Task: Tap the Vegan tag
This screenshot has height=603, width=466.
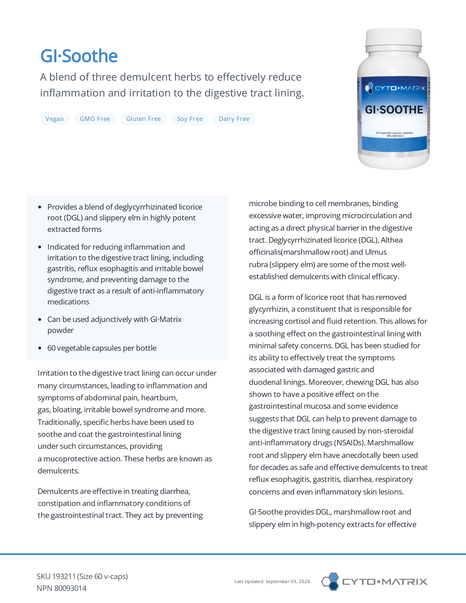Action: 55,119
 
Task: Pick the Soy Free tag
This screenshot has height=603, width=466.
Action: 190,119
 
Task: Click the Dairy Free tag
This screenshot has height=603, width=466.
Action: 234,119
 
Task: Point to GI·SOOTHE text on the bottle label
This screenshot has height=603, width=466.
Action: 394,110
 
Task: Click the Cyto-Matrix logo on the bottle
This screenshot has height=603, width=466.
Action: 395,88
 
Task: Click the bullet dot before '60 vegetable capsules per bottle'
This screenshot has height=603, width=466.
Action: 40,348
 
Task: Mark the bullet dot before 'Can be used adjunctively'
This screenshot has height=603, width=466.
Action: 40,319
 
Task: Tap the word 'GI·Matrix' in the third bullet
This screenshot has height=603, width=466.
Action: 166,319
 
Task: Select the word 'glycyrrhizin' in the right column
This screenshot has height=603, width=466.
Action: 269,309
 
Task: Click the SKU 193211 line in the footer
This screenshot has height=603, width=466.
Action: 82,577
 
